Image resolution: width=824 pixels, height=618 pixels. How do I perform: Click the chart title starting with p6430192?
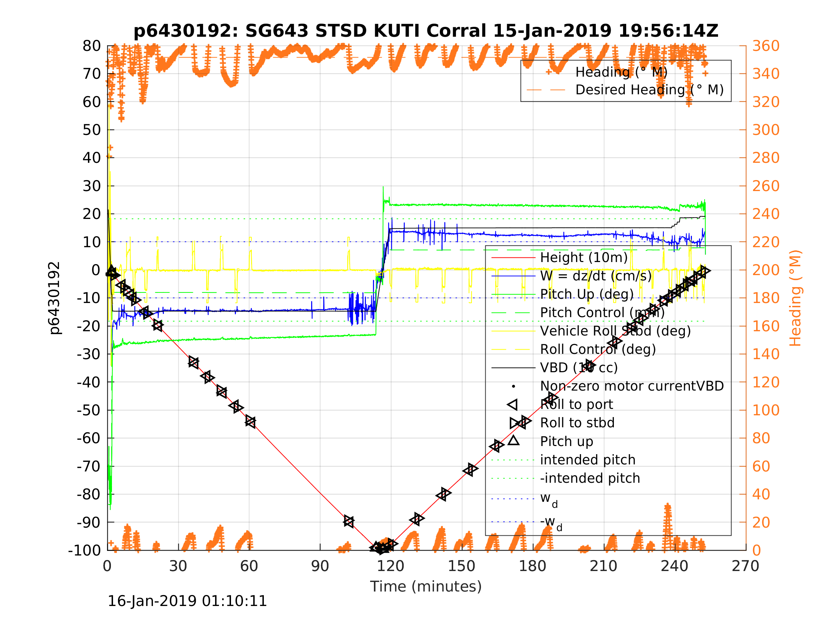[426, 31]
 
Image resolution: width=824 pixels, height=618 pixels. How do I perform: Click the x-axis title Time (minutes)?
[426, 586]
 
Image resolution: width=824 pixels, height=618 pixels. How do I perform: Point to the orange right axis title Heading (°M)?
[795, 298]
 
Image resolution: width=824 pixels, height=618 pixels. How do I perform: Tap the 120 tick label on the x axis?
[390, 566]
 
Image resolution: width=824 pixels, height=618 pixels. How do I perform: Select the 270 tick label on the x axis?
[745, 566]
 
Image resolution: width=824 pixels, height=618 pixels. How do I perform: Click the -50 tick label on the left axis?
[89, 410]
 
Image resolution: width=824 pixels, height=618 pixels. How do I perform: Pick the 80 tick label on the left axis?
[91, 46]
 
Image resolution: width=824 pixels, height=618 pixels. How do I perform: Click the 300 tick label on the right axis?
[766, 130]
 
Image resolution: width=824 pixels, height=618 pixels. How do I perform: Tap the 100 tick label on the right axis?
[766, 410]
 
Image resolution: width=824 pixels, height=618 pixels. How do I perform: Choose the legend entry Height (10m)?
[584, 257]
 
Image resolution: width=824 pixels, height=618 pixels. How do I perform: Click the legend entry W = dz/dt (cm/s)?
[595, 276]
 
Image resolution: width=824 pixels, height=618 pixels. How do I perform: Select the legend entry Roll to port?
[576, 405]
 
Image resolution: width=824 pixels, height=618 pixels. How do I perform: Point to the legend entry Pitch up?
[567, 441]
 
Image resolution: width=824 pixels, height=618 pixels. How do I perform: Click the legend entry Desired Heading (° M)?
[649, 90]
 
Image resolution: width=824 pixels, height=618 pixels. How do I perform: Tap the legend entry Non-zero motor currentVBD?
[632, 386]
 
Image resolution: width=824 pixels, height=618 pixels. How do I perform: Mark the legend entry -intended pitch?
[590, 478]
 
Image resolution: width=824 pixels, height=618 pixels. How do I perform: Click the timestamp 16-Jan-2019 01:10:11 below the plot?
[187, 601]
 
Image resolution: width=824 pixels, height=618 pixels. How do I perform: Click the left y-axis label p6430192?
[55, 298]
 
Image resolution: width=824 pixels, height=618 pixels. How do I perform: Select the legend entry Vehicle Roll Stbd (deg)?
[615, 331]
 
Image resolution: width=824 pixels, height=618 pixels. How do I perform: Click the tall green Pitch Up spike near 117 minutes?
[383, 190]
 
